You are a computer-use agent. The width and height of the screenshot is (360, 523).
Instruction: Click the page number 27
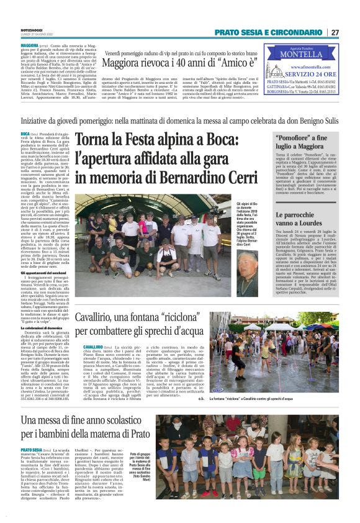point(335,32)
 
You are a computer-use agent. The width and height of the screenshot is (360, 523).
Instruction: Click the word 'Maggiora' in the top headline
point(124,63)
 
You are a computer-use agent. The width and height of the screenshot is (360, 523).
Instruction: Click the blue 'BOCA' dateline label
point(25,134)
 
